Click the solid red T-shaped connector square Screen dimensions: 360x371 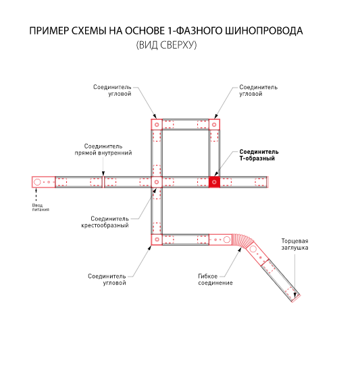coord(214,182)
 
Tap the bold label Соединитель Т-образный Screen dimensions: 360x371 coord(259,155)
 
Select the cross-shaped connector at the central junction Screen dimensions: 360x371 coord(157,182)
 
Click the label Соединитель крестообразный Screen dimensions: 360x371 coord(105,222)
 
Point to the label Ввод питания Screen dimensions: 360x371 coord(41,207)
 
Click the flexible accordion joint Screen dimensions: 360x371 coord(240,241)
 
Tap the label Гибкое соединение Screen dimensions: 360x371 coord(215,279)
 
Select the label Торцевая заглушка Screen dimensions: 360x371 coord(295,244)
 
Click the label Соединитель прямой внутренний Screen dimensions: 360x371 coord(103,150)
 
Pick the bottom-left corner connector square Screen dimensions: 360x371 coord(157,239)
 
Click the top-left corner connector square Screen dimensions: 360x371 coord(157,125)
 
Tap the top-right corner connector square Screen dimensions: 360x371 coord(214,125)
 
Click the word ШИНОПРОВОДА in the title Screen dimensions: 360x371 coord(263,31)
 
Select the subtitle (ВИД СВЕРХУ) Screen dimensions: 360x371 coord(167,45)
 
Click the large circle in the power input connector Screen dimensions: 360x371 coord(37,182)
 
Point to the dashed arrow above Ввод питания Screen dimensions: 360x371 coord(36,195)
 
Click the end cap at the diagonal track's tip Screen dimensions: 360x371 coord(296,299)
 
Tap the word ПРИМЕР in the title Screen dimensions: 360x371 coord(49,31)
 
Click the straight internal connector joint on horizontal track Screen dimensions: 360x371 coord(103,182)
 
